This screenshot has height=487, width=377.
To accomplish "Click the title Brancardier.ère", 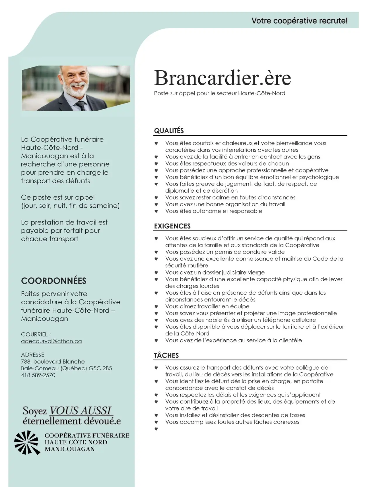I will tap(222, 78).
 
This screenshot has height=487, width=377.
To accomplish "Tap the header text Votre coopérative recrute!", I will tap(299, 21).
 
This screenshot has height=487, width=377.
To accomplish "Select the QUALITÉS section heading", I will tap(169, 131).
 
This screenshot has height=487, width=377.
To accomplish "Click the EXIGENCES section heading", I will tap(172, 226).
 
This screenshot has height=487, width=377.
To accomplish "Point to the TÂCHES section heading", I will tap(166, 355).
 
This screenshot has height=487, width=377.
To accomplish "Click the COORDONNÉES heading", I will tap(54, 281).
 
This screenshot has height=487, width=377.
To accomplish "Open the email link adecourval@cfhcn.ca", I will tap(51, 341).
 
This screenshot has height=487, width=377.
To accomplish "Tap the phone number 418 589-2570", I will tap(38, 375).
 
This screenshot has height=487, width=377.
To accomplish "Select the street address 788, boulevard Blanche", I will tap(53, 362).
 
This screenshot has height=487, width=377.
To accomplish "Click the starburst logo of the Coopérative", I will tap(27, 442).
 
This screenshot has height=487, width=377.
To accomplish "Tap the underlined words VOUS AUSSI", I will tap(81, 411).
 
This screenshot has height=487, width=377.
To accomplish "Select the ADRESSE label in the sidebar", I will tap(33, 355).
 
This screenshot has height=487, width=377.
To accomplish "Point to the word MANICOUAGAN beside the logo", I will tap(70, 449).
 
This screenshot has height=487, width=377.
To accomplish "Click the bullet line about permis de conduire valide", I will tap(225, 252).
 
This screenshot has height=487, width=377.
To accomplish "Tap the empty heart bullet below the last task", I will tap(156, 429).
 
